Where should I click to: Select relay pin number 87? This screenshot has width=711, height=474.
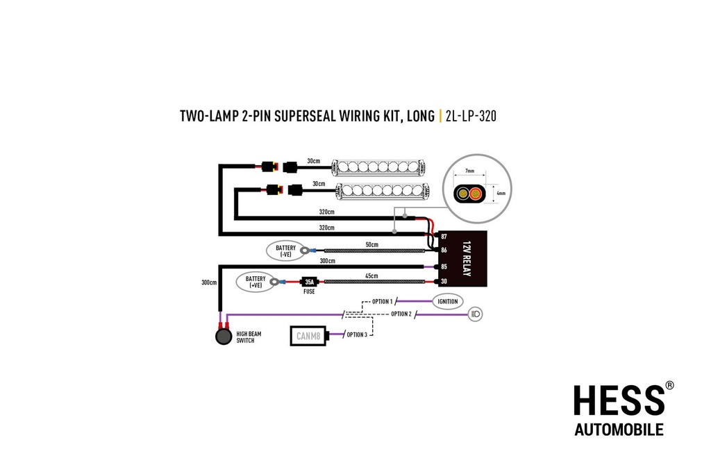tap(442, 237)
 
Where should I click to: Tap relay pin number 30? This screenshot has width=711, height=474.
tap(442, 281)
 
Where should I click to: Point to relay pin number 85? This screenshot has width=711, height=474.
tap(442, 266)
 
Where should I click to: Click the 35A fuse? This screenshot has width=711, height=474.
tap(308, 282)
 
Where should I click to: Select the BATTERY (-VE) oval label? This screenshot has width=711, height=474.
tap(285, 251)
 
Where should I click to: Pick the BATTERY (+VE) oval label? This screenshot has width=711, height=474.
tap(255, 282)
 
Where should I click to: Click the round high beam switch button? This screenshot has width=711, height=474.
tap(223, 337)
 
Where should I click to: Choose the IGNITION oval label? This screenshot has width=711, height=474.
tap(447, 301)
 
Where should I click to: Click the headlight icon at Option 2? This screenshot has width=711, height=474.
tap(476, 314)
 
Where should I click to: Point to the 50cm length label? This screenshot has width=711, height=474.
tap(373, 245)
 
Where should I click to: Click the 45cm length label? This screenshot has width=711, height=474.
tap(372, 276)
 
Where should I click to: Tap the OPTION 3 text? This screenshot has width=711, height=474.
tap(356, 335)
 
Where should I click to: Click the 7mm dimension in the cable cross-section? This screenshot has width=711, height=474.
tap(470, 170)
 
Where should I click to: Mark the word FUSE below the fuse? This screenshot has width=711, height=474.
tap(309, 291)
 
